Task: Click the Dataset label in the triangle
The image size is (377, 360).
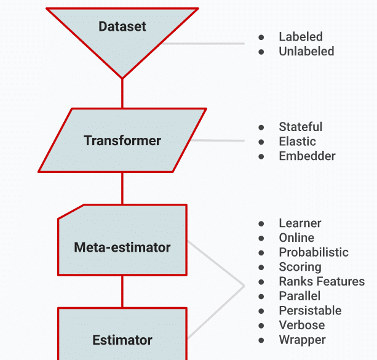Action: tap(122, 26)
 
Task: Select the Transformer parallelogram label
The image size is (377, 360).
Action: tap(122, 140)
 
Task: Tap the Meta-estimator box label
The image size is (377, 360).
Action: tap(122, 247)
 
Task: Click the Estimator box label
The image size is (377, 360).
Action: tap(122, 340)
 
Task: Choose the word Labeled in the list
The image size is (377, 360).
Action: tap(301, 37)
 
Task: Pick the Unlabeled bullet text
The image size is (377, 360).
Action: tap(306, 52)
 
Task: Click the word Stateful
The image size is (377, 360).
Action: tap(301, 127)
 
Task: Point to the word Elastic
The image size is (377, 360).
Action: tap(297, 142)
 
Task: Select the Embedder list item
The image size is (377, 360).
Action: tap(307, 156)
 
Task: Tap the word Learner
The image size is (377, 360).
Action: tap(300, 223)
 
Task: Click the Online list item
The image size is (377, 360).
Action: tap(296, 238)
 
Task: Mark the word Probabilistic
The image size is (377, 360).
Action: tap(314, 252)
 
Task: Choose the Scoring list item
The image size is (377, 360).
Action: tap(300, 267)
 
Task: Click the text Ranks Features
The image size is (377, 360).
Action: tap(322, 281)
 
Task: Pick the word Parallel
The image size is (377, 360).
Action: tap(300, 296)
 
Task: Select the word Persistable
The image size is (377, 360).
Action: tap(310, 311)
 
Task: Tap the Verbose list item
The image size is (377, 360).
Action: tap(301, 325)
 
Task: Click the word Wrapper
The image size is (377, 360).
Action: tap(302, 340)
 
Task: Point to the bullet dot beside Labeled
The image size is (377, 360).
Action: tap(261, 38)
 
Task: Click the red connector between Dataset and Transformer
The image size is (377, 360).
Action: tap(122, 94)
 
